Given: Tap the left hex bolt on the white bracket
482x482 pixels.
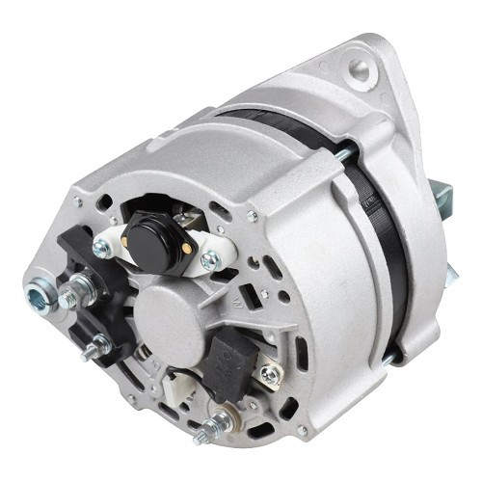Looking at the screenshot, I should [x=101, y=249].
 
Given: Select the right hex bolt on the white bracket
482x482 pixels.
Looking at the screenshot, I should [x=211, y=259].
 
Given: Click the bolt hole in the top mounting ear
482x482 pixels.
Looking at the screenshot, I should [x=361, y=68].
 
